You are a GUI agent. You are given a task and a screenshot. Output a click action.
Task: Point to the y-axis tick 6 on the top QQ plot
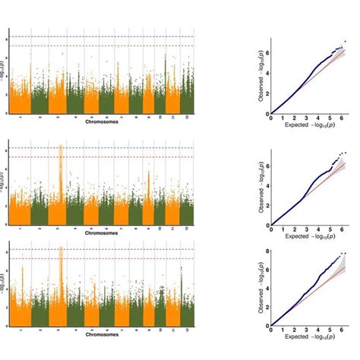tap(266, 52)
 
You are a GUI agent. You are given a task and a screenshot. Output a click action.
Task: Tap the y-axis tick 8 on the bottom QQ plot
tap(266, 251)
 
